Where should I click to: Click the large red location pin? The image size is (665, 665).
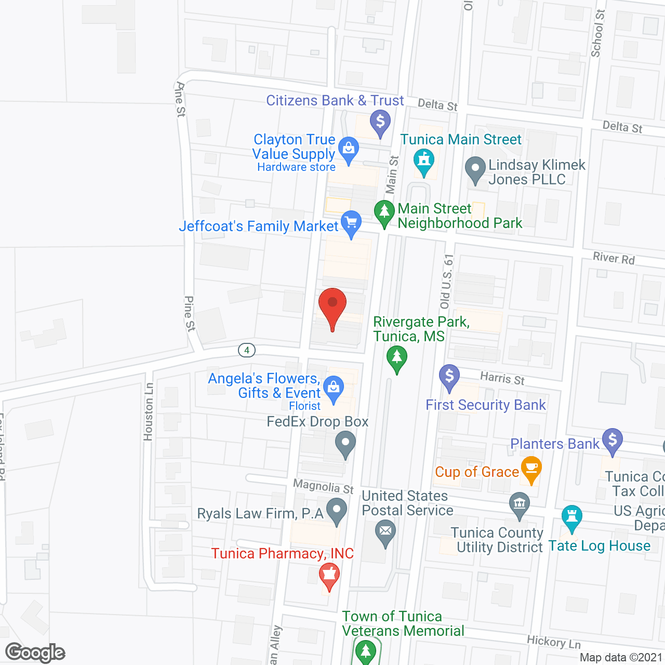point(332,307)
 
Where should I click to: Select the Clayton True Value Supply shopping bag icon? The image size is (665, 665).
point(349,150)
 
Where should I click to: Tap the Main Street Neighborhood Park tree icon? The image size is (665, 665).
point(384,213)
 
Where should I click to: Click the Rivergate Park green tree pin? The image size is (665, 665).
point(397,358)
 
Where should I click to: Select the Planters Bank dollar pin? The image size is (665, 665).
point(613,441)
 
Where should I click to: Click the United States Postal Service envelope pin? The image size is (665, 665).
point(385,533)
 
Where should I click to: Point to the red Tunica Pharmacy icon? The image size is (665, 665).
point(329,576)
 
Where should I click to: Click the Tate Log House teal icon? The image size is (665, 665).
point(571,517)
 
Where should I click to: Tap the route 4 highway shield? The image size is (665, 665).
point(247,350)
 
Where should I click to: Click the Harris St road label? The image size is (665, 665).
point(502,378)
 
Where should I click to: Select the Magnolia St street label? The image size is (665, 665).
point(323,487)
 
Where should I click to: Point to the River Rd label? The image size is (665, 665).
point(614,258)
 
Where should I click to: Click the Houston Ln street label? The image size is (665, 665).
point(149,411)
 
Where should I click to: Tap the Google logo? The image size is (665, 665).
point(35,653)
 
